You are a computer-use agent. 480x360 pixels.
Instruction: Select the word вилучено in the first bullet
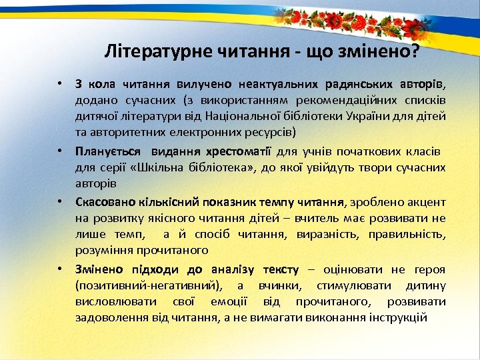click(204, 85)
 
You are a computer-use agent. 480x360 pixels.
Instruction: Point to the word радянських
click(359, 85)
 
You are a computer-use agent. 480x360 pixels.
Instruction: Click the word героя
click(430, 269)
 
